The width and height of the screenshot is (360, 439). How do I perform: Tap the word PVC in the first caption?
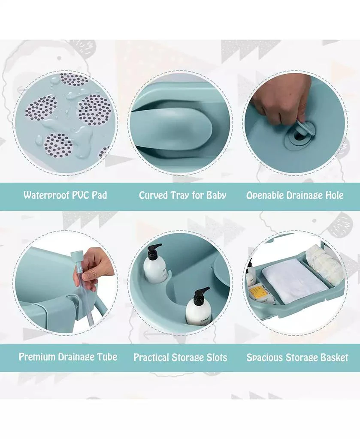[x=83, y=195]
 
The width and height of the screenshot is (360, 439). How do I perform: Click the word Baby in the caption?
[x=216, y=195]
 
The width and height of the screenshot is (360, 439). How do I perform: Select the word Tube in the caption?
[x=107, y=357]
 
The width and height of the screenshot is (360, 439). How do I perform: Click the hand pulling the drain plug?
[x=281, y=99]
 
